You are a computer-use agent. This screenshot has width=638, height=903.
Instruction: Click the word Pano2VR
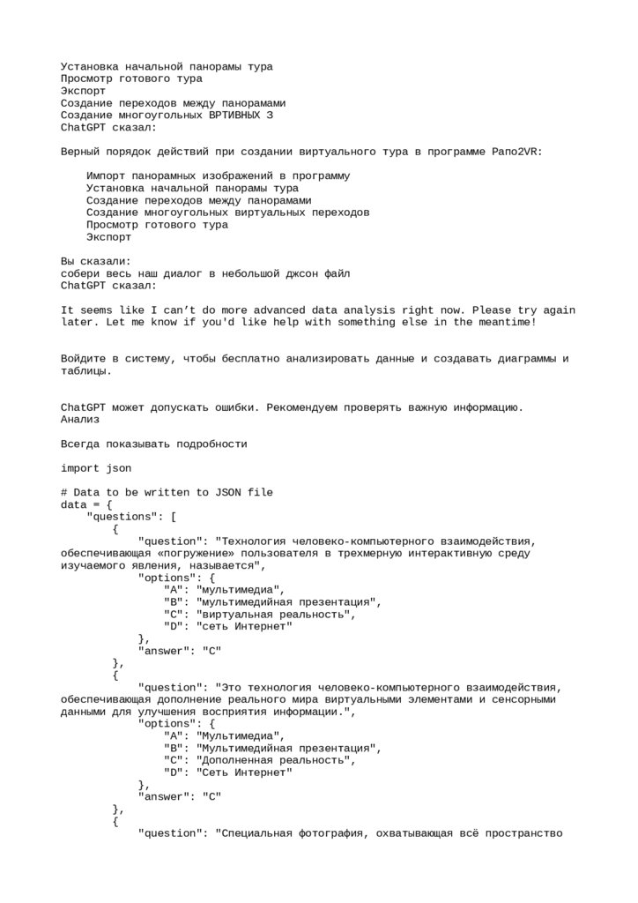point(517,152)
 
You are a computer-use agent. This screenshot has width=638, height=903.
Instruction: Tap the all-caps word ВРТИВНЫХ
point(234,115)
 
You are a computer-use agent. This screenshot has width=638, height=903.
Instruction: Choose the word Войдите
point(86,359)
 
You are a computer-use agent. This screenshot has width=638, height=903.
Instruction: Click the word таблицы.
point(86,371)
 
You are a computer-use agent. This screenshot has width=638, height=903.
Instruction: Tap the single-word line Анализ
point(79,420)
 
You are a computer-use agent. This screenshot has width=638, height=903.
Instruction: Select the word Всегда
point(79,444)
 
